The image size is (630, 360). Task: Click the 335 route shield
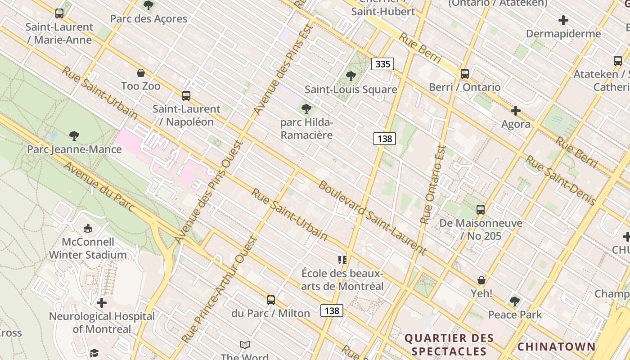tap(382, 64)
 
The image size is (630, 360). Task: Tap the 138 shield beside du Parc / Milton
tap(332, 310)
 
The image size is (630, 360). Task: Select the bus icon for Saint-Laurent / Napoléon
tap(186, 95)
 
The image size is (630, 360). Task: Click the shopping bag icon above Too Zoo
tap(141, 73)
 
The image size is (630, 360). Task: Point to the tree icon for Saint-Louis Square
tap(351, 76)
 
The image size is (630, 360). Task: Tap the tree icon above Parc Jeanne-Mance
tap(74, 135)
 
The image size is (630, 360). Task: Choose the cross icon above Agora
tap(516, 111)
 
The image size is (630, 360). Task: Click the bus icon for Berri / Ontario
tap(465, 74)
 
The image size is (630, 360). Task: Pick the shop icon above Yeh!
tap(481, 280)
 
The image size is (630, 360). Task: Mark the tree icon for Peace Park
tap(515, 301)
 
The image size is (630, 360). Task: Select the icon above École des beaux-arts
tap(342, 260)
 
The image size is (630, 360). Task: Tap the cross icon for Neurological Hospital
tap(102, 303)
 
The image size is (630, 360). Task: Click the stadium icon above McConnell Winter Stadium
tap(88, 229)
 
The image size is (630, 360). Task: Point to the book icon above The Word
tap(245, 345)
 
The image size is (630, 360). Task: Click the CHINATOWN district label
tap(556, 346)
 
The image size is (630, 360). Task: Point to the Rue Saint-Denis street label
tap(561, 180)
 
